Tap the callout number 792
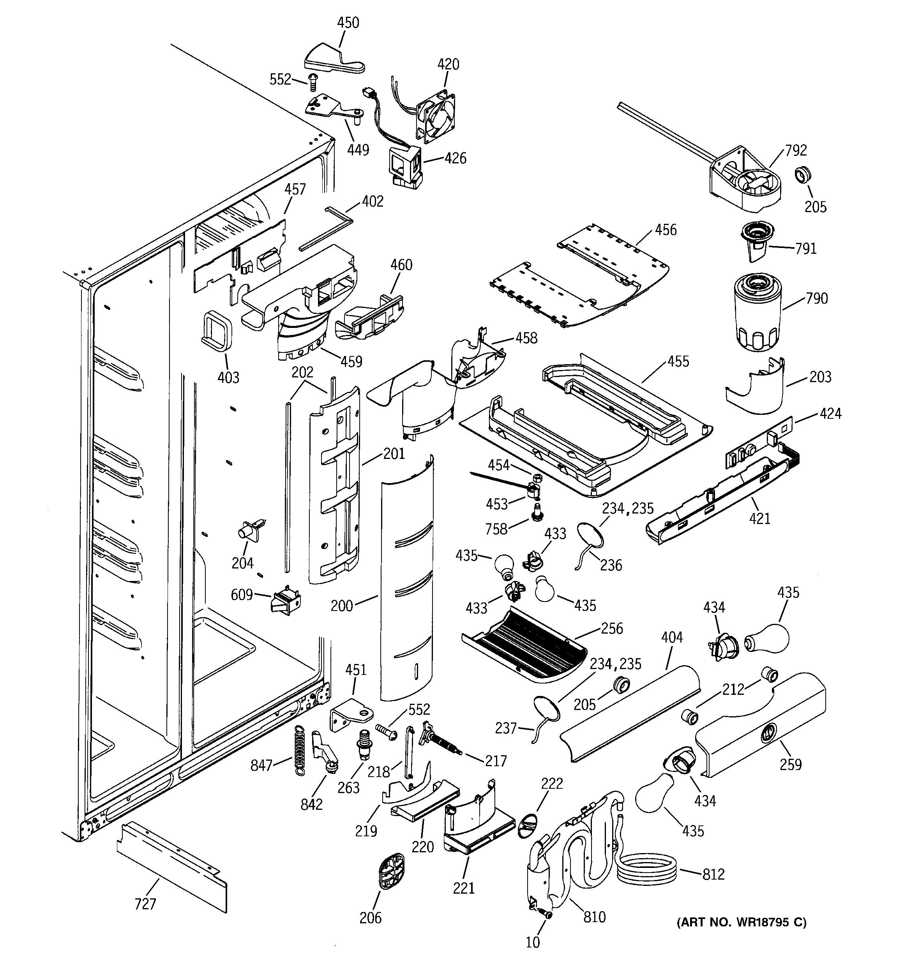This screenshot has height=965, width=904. tap(796, 151)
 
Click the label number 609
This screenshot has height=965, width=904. tap(242, 595)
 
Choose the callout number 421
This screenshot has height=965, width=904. tap(759, 519)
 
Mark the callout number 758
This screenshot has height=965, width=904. tap(496, 529)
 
